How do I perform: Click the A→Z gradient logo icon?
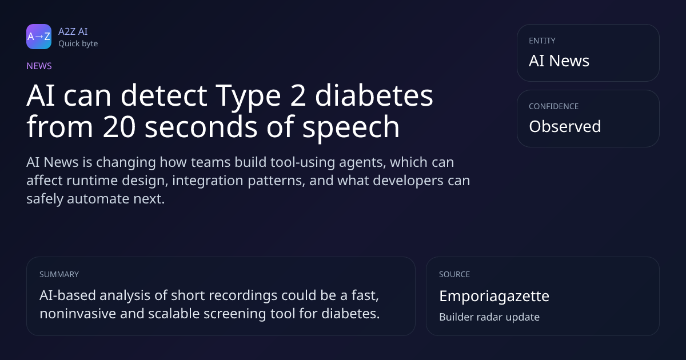click(39, 37)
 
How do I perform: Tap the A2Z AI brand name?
click(73, 31)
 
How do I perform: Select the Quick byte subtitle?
click(78, 44)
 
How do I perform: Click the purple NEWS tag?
click(39, 66)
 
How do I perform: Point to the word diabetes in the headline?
click(374, 95)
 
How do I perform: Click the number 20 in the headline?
click(119, 126)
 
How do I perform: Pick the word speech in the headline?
click(351, 128)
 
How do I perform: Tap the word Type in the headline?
click(248, 97)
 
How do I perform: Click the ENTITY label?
click(542, 41)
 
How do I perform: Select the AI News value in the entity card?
click(559, 61)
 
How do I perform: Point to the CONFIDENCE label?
click(554, 106)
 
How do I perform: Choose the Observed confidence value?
click(565, 126)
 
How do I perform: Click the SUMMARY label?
click(59, 274)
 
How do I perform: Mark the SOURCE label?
click(454, 274)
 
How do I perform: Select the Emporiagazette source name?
click(494, 297)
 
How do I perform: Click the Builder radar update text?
click(489, 317)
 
